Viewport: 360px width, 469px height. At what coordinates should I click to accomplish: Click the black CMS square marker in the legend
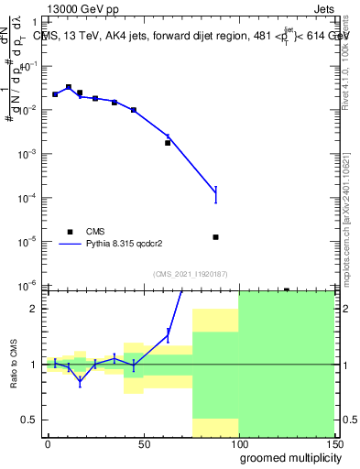point(68,232)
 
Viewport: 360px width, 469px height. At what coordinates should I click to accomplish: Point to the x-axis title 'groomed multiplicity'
point(286,457)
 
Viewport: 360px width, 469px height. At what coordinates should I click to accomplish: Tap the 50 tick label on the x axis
point(143,443)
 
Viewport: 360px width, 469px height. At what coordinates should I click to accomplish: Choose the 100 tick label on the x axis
point(238,443)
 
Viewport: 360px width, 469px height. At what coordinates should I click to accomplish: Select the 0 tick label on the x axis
point(48,443)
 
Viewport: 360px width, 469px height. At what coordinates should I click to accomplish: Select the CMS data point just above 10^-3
point(168,143)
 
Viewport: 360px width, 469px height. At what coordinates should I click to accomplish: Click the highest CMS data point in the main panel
point(68,87)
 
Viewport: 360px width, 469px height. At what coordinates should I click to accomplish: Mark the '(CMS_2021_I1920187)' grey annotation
point(191,274)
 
